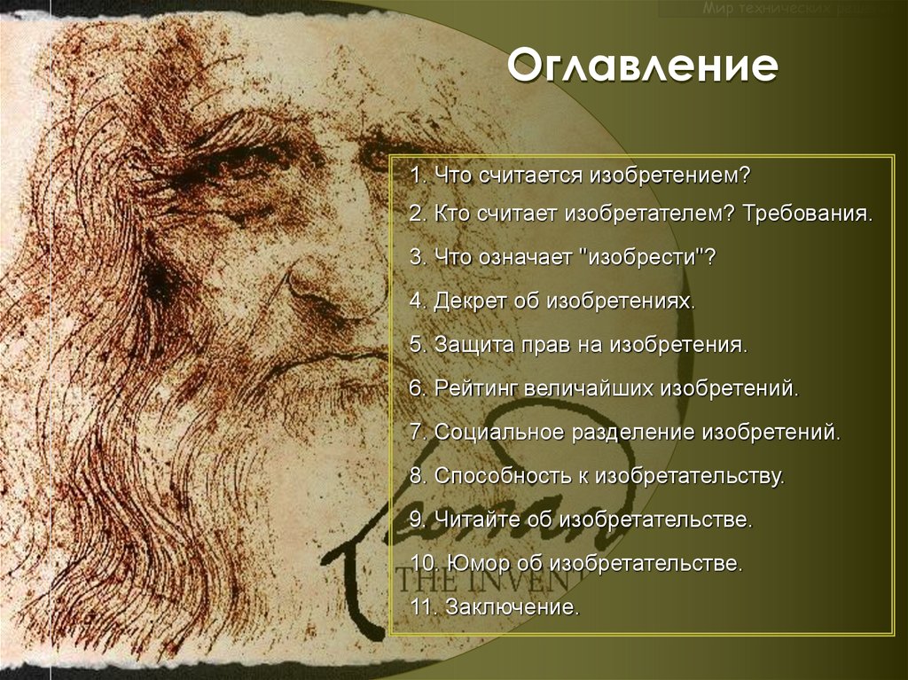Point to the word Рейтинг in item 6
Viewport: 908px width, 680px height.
pos(475,388)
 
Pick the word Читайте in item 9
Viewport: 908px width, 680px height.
pos(473,520)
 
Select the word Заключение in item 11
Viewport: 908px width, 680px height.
pos(513,608)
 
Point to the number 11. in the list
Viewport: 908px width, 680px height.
pos(424,608)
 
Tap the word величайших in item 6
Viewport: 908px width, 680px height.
pos(588,388)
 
